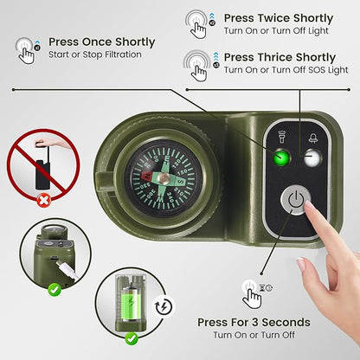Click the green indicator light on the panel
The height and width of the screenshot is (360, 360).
tap(281, 157)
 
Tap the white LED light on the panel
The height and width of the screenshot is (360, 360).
tap(312, 157)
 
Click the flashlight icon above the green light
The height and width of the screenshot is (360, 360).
tap(281, 137)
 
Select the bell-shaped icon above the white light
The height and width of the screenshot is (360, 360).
tap(313, 138)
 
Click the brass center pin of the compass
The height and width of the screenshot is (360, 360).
tap(164, 178)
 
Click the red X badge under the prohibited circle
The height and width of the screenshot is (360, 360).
tap(44, 200)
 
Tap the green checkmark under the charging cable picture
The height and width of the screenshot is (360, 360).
tap(55, 289)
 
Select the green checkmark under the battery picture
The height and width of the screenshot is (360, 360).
tap(132, 338)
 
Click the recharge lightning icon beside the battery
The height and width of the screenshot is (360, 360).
tap(164, 306)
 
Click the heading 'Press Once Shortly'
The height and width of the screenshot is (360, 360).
tap(102, 42)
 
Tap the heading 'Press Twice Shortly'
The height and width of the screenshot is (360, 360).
tap(279, 18)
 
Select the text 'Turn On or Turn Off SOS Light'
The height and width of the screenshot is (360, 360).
tap(286, 70)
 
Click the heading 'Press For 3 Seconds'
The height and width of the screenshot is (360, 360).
tap(254, 322)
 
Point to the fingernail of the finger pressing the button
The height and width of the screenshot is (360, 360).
tap(309, 205)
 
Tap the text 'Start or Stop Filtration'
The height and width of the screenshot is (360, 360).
tap(95, 55)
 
